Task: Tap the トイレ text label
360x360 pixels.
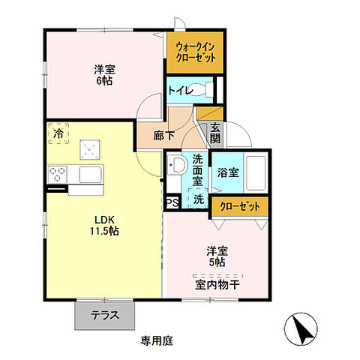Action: (181, 91)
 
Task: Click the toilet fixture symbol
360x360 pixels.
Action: (209, 91)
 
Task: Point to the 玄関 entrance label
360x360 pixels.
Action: (215, 133)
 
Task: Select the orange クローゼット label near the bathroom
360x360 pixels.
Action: (239, 206)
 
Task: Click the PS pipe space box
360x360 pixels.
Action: (172, 202)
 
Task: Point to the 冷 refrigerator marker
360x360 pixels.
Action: (58, 133)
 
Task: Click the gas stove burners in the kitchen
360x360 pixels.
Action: (58, 175)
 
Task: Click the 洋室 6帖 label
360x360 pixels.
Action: (103, 76)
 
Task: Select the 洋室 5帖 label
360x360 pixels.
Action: (217, 256)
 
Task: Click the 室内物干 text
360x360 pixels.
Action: (217, 283)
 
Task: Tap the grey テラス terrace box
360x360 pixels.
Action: (106, 315)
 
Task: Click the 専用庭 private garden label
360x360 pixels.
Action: (156, 340)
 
